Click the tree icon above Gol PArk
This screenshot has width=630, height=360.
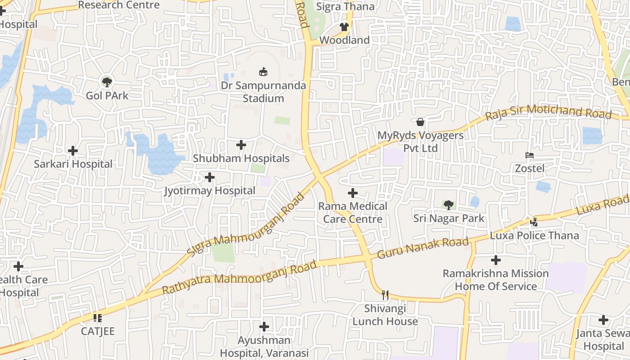coord(107,81)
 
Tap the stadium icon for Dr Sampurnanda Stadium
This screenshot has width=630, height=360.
coord(263,71)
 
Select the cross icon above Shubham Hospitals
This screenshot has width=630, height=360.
coord(241,145)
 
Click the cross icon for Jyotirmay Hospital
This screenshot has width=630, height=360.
coord(209,177)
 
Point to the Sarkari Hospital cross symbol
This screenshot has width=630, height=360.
coord(73,151)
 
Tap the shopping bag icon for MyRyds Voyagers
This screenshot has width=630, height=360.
coord(420,122)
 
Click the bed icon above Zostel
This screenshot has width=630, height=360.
coord(530,155)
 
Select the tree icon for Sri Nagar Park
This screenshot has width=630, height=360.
coord(448,205)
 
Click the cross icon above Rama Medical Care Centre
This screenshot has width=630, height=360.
coord(353,193)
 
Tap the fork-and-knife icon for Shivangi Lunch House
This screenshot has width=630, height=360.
coord(385,295)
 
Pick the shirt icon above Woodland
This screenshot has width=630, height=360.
coord(344,27)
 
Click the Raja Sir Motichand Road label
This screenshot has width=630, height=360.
coord(549,112)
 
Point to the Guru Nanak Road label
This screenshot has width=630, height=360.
coord(423,248)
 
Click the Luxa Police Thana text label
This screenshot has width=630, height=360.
coord(534,235)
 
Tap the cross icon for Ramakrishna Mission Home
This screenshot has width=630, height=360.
coord(495,260)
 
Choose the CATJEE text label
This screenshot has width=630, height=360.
coord(98,332)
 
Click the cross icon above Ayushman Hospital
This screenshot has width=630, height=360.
coord(264,327)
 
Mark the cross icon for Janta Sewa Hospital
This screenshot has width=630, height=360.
coord(603,320)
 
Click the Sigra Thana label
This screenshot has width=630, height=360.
coord(345,7)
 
